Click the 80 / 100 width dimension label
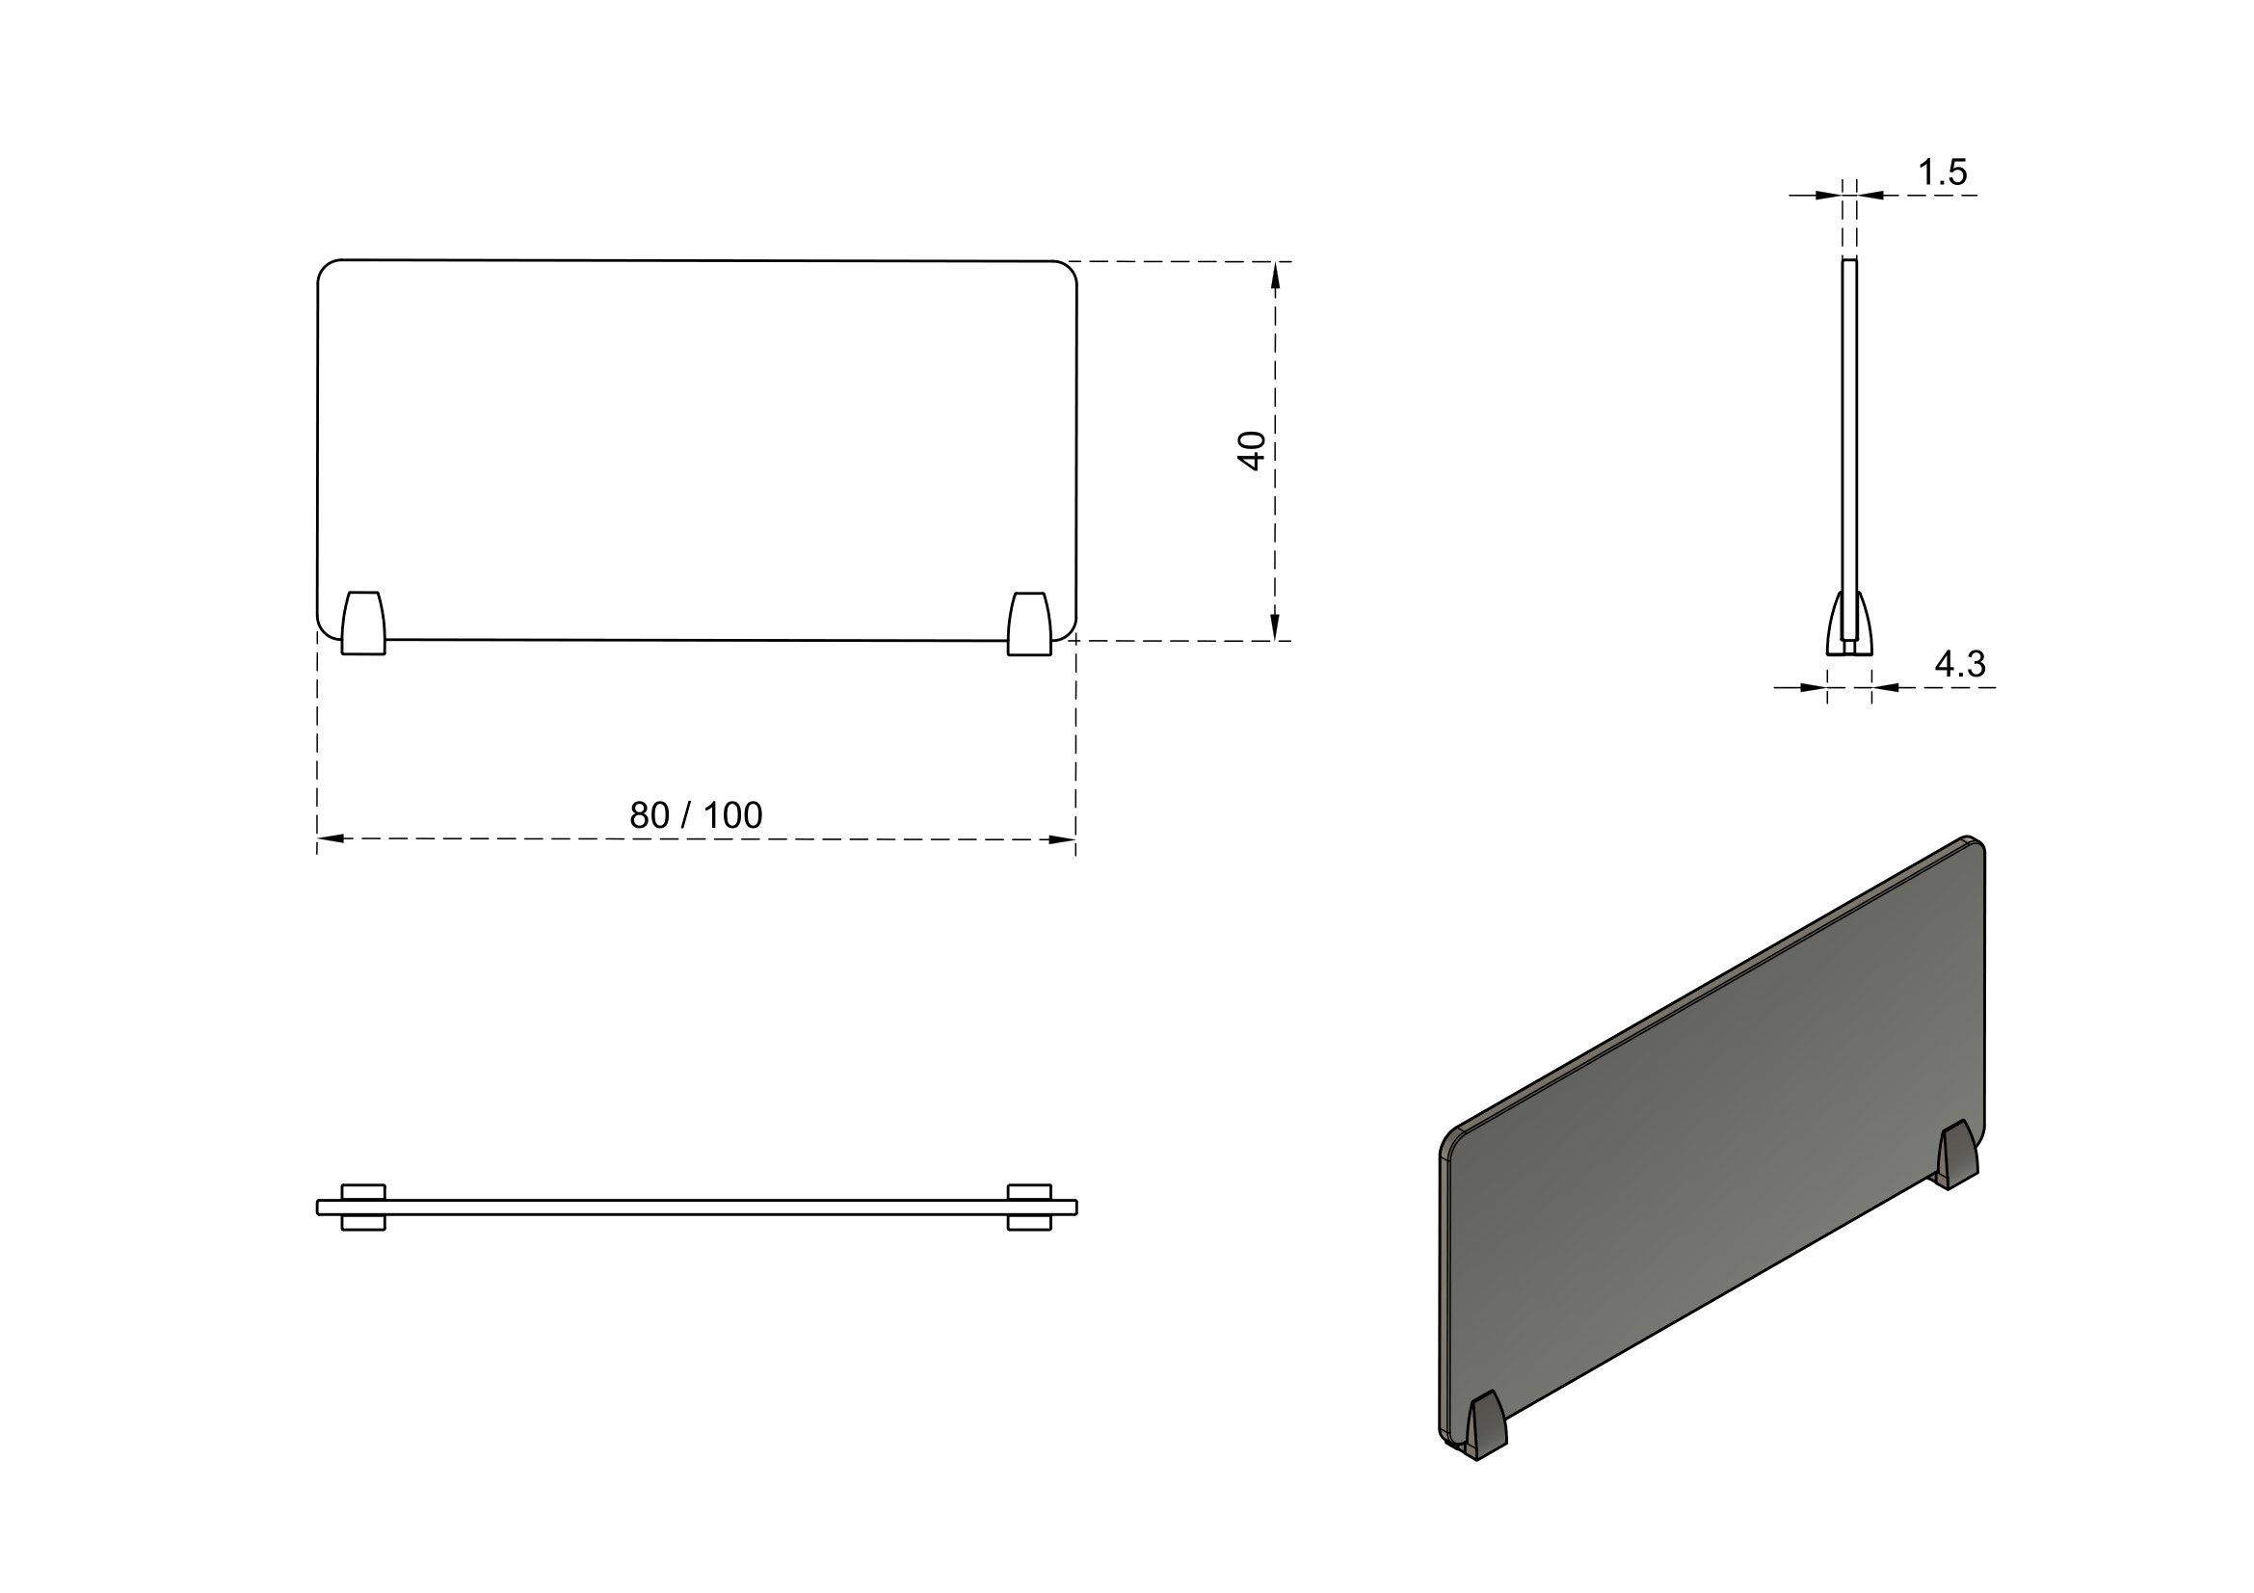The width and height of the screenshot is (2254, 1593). [x=695, y=814]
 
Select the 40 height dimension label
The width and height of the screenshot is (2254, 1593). [x=1252, y=450]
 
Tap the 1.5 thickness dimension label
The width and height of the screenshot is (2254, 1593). [x=1943, y=173]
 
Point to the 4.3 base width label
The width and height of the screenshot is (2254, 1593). [x=1960, y=665]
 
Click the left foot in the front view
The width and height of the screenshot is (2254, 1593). [x=363, y=624]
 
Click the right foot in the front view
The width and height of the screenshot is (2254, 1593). [x=1030, y=624]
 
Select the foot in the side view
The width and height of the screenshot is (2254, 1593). [x=1849, y=624]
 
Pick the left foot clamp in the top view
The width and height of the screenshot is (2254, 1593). [x=363, y=1207]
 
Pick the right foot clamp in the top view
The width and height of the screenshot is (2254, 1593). [x=1030, y=1207]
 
